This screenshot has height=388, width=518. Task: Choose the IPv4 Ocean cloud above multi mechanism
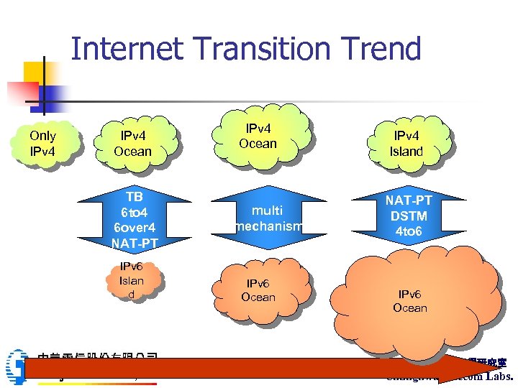258,137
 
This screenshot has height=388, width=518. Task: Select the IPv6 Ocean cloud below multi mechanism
258,290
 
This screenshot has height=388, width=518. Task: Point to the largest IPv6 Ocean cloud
410,302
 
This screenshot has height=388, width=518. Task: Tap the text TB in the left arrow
134,197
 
